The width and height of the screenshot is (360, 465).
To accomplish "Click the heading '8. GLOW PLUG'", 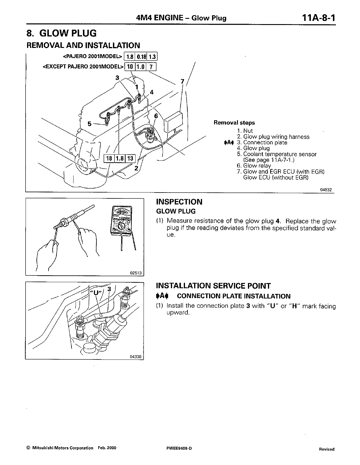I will click(x=61, y=33).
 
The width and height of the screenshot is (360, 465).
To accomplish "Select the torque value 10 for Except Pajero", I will click(x=129, y=67).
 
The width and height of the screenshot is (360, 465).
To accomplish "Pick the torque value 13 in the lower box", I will click(x=130, y=159).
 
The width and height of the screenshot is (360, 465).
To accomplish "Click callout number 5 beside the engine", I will click(x=90, y=124).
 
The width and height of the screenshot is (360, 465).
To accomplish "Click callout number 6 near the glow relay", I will click(x=156, y=116).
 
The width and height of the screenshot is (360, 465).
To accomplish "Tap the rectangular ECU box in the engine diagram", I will click(x=173, y=121).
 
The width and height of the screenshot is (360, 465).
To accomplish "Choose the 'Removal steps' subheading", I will click(x=234, y=123).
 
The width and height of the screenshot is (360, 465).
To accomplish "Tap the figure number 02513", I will click(x=136, y=273).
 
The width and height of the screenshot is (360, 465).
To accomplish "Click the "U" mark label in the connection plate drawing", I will click(x=95, y=292).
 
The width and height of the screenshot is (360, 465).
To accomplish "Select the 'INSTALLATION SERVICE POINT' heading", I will click(x=213, y=286).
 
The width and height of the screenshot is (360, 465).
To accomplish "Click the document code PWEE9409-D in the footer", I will click(x=179, y=448).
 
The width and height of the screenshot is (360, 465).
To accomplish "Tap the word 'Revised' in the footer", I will click(x=326, y=449).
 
